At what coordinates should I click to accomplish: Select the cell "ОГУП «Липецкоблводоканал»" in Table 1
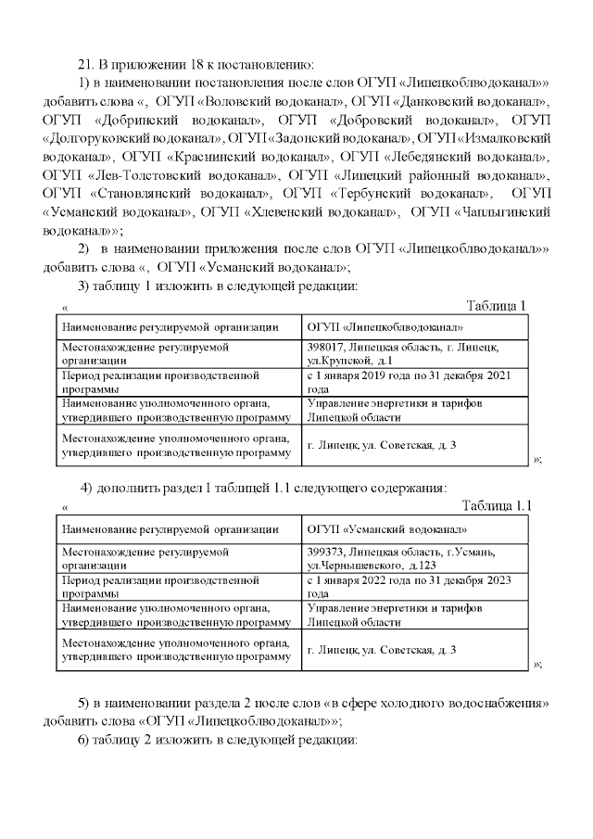[385, 327]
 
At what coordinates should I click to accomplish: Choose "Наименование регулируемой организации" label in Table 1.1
[170, 529]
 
